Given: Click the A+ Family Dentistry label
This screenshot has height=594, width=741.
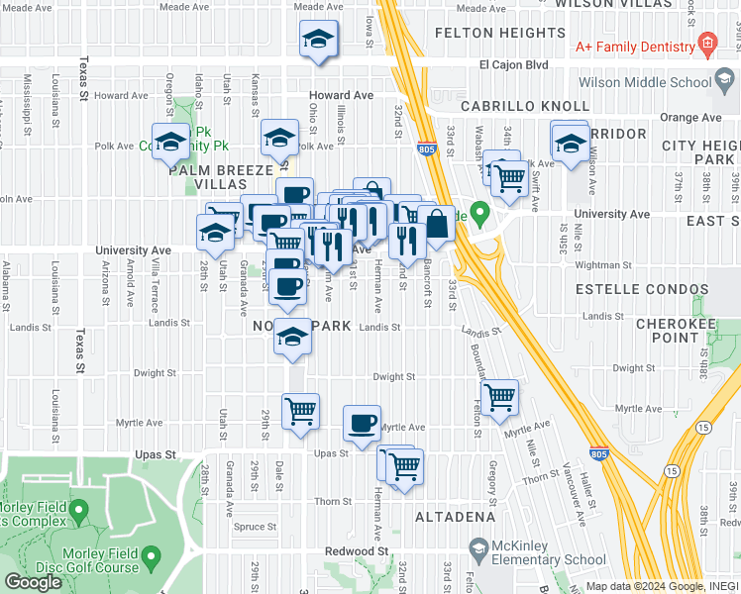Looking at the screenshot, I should [634, 47].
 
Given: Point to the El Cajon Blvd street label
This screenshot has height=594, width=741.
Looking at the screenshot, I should [513, 64].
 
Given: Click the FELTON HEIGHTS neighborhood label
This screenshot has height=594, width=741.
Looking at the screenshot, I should [500, 33].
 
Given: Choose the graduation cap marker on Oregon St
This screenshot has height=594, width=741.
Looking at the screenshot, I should [170, 142].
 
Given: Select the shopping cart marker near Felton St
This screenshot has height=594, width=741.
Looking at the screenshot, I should [500, 396].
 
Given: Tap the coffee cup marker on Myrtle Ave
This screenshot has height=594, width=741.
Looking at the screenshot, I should [362, 423].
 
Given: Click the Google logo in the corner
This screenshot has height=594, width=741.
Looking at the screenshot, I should [33, 582].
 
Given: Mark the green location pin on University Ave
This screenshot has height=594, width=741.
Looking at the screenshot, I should [480, 213].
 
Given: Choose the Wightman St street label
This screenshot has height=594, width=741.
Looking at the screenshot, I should [602, 264].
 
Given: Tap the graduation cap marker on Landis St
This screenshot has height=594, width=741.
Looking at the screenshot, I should [292, 338].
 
